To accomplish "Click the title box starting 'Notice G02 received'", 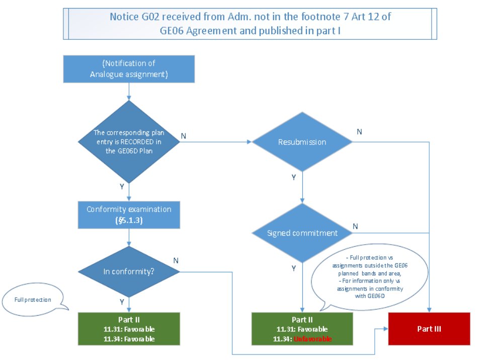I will click(250, 23).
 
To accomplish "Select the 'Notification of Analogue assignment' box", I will click(129, 69).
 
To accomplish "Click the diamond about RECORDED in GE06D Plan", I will click(129, 141).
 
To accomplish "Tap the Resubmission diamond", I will click(302, 142).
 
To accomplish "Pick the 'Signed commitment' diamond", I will click(302, 233).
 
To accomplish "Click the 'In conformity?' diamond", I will click(129, 271).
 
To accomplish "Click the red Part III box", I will click(429, 328).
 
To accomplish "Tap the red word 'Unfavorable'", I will click(316, 339).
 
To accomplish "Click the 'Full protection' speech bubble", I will click(33, 300).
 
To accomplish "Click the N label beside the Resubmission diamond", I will click(359, 131).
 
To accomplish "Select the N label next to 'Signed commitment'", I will click(356, 227).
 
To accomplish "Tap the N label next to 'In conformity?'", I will click(176, 261).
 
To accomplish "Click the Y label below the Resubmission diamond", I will click(293, 177).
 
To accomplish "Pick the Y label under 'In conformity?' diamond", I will click(122, 302).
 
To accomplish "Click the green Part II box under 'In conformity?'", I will click(129, 328).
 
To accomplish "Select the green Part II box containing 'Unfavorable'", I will click(302, 328).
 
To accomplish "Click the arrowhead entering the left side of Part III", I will click(385, 328).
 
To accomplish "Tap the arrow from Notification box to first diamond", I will click(129, 91).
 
